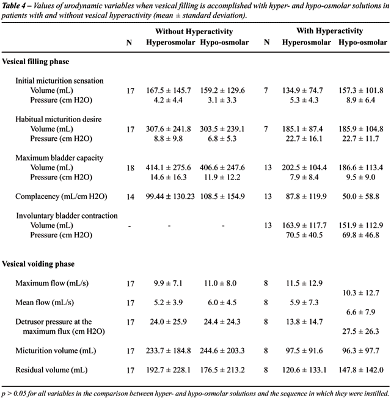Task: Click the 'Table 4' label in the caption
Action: click(15, 5)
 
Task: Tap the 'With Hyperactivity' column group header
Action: click(329, 31)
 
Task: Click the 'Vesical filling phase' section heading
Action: click(35, 62)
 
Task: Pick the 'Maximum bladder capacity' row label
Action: click(60, 158)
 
